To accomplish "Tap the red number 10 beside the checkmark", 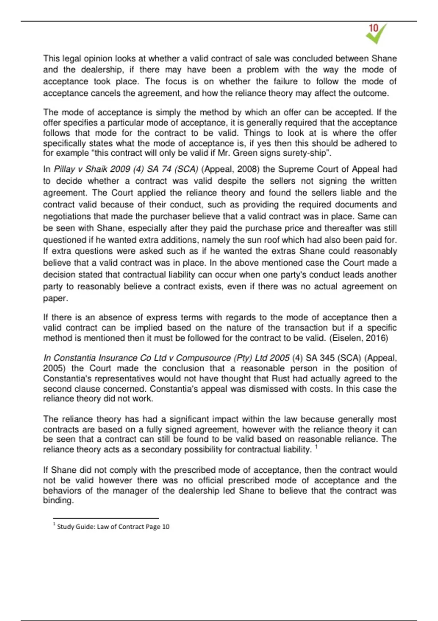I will [x=373, y=28].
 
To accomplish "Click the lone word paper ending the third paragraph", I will [x=55, y=298].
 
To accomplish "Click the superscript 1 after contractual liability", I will [x=316, y=447].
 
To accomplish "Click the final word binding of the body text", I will [x=58, y=500].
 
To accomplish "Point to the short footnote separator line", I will [x=106, y=518].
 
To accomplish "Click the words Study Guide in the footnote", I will [x=75, y=527].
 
